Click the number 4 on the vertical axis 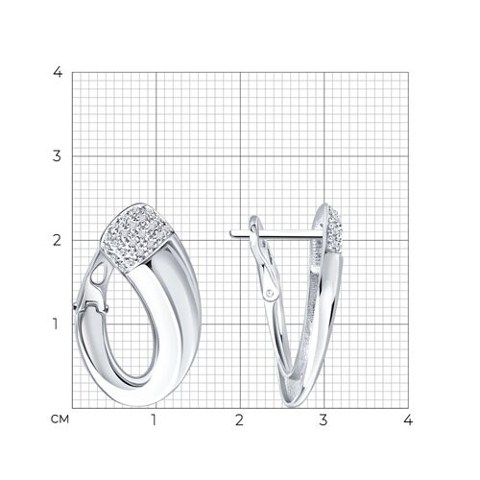[x=58, y=72]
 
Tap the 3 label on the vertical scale [x=57, y=156]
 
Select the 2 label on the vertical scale [x=57, y=240]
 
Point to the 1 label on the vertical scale [x=56, y=324]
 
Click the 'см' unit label [x=60, y=420]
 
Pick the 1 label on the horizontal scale [x=155, y=420]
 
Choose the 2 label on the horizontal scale [x=239, y=420]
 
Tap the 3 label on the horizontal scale [x=324, y=420]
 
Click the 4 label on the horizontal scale [x=408, y=420]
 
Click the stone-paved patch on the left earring [x=136, y=237]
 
